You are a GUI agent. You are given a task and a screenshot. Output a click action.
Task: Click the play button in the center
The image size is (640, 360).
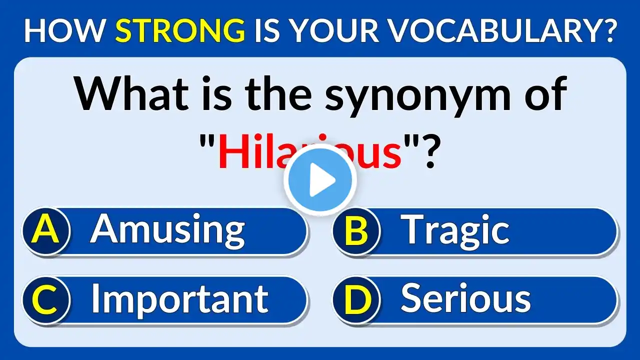[320, 180]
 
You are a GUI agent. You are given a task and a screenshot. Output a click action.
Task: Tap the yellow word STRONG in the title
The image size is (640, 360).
[180, 30]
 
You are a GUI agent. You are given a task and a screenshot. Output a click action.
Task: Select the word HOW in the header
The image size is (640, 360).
[64, 30]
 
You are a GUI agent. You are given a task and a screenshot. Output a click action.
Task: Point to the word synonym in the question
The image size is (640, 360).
[417, 94]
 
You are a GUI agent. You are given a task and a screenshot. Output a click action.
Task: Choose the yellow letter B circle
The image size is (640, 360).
[356, 230]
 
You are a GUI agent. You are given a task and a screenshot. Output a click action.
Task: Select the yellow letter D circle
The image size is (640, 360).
[356, 300]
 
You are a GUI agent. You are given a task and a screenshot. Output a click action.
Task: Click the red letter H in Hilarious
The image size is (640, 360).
[232, 151]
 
